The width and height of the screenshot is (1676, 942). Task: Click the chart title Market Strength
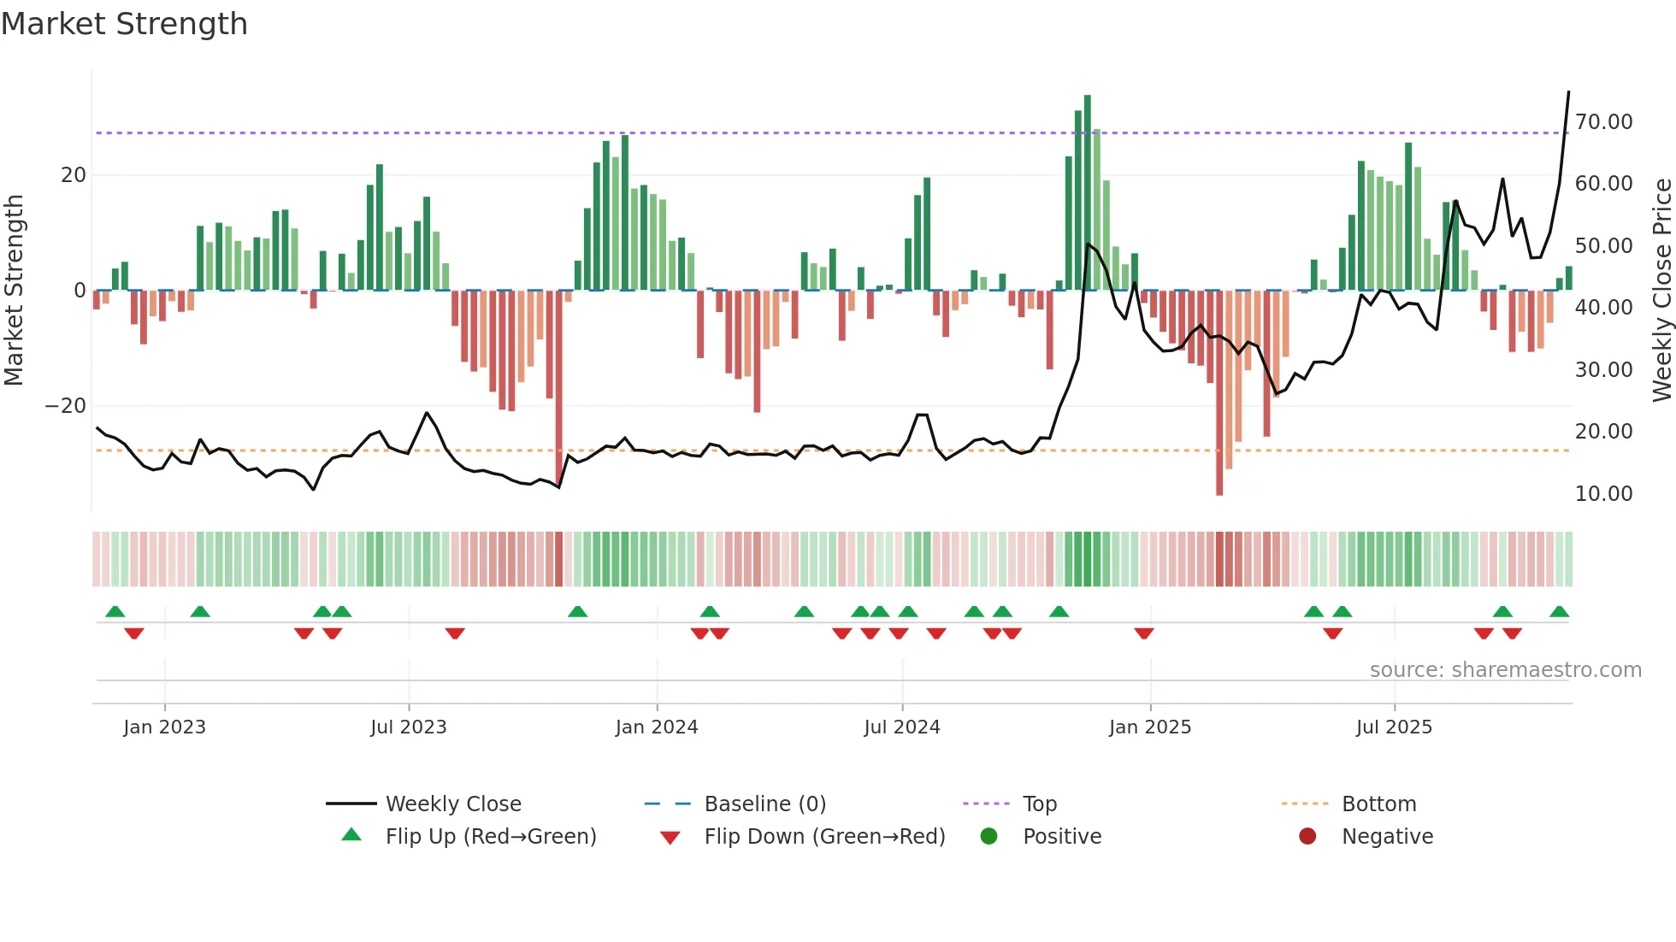pyautogui.click(x=124, y=24)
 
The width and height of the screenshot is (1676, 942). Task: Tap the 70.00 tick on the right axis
pyautogui.click(x=1603, y=122)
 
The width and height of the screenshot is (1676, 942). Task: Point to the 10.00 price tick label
pyautogui.click(x=1603, y=494)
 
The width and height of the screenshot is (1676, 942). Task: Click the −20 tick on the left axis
pyautogui.click(x=66, y=406)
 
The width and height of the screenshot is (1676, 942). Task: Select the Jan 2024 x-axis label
pyautogui.click(x=657, y=727)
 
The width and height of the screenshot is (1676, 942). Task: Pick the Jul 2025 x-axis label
pyautogui.click(x=1394, y=727)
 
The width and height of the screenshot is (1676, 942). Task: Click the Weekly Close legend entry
pyautogui.click(x=452, y=804)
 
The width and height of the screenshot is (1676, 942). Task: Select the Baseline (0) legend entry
pyautogui.click(x=764, y=804)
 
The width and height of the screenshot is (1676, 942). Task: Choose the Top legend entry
pyautogui.click(x=1039, y=804)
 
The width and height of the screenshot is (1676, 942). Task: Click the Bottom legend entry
pyautogui.click(x=1378, y=804)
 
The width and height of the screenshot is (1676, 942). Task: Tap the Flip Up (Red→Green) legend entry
pyautogui.click(x=490, y=837)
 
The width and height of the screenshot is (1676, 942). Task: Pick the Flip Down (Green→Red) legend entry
pyautogui.click(x=824, y=837)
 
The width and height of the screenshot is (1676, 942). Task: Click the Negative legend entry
pyautogui.click(x=1387, y=837)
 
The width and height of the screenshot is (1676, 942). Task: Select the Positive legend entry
pyautogui.click(x=1062, y=837)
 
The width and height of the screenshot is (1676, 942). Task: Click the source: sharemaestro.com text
pyautogui.click(x=1505, y=670)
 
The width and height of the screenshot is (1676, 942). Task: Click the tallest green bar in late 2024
pyautogui.click(x=1088, y=192)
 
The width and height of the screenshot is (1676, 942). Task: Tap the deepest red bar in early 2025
pyautogui.click(x=1219, y=393)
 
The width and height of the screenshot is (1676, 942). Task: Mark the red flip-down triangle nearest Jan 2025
pyautogui.click(x=1144, y=633)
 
